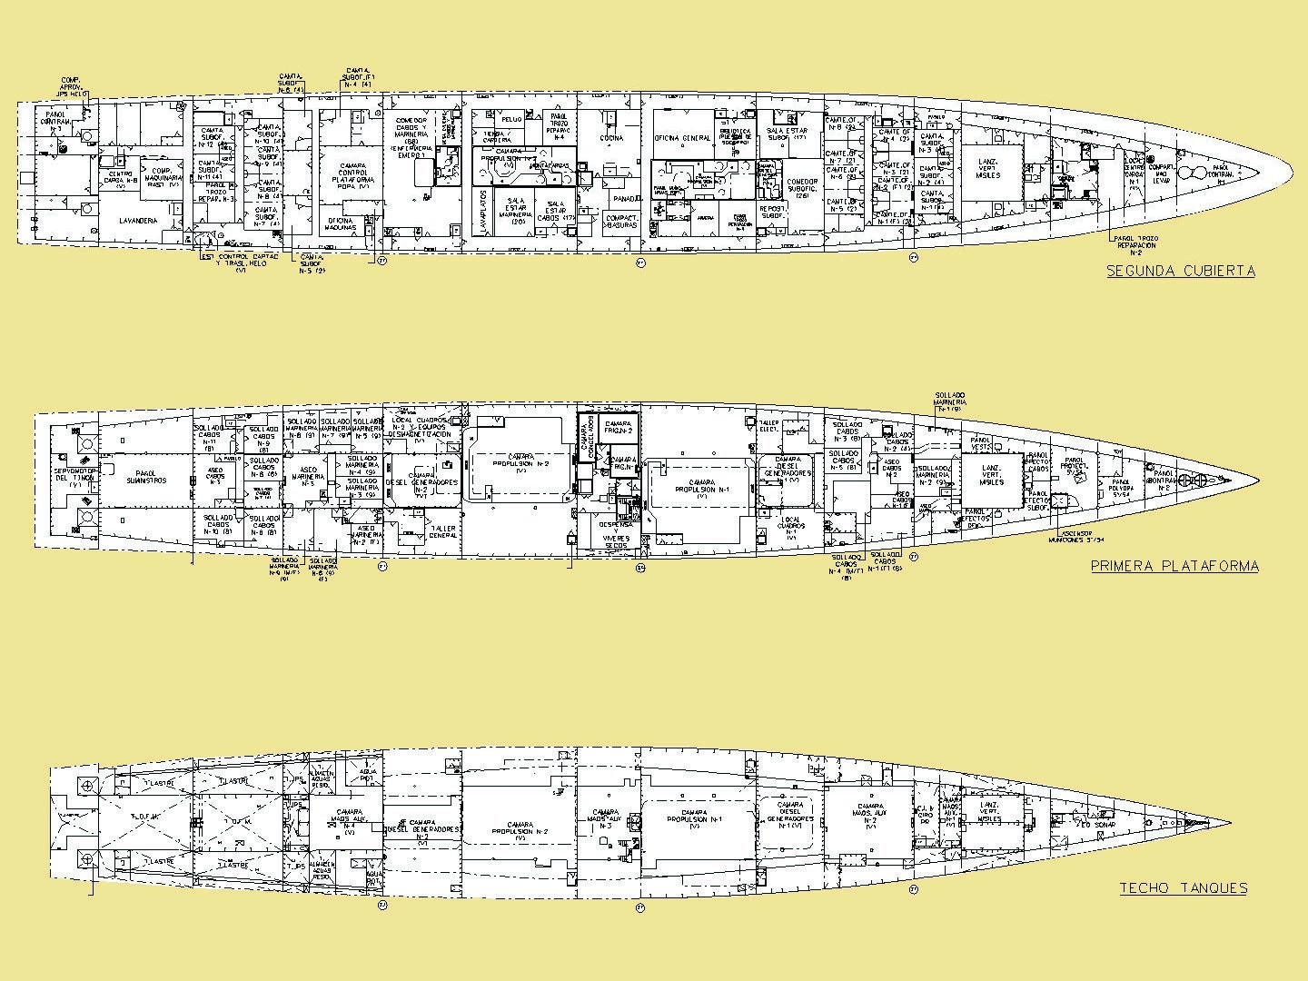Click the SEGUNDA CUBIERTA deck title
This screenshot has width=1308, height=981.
click(x=1180, y=271)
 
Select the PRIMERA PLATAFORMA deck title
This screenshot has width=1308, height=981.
click(x=1174, y=566)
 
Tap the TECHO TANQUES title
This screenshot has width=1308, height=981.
click(x=1183, y=888)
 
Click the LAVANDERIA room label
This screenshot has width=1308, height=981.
click(x=139, y=221)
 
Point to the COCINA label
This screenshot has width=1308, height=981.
click(x=610, y=138)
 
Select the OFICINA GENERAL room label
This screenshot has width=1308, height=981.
click(x=682, y=138)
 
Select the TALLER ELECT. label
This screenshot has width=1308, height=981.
click(x=770, y=425)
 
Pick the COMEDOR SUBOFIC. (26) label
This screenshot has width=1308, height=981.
click(x=801, y=187)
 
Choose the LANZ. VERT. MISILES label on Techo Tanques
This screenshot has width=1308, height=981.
click(x=988, y=811)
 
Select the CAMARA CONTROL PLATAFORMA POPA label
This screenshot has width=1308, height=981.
click(x=348, y=170)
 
